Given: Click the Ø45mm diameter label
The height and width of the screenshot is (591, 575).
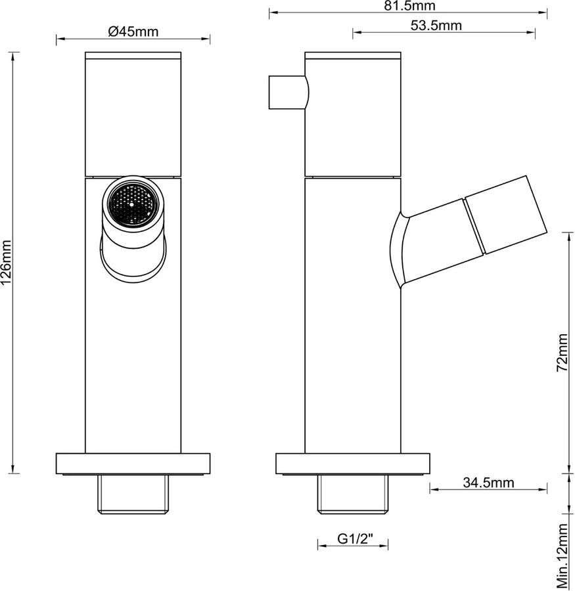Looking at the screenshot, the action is [133, 32].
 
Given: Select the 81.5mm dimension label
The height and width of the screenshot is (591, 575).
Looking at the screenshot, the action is [410, 6].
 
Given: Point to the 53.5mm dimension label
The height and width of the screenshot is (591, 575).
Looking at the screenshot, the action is [436, 25].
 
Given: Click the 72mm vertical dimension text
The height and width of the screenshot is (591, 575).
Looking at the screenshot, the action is [562, 353].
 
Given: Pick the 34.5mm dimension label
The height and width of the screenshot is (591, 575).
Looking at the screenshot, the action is [489, 483].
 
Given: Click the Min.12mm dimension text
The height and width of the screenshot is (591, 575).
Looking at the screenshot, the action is [562, 556].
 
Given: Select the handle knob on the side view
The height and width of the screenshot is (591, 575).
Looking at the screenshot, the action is [288, 93].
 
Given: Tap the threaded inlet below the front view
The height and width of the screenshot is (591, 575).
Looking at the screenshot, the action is [133, 494].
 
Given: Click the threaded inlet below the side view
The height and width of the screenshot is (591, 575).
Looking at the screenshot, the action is [353, 494].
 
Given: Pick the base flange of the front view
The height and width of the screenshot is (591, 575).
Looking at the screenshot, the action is [133, 464].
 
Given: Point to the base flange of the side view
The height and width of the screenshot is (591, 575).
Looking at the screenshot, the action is [353, 464].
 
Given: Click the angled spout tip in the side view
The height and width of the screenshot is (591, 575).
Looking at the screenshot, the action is [506, 215].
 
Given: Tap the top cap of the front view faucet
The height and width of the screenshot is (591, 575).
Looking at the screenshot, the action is [133, 56].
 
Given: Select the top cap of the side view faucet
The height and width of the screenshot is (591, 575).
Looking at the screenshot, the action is [353, 56].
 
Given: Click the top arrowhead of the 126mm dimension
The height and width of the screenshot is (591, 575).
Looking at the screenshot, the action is [13, 55].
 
